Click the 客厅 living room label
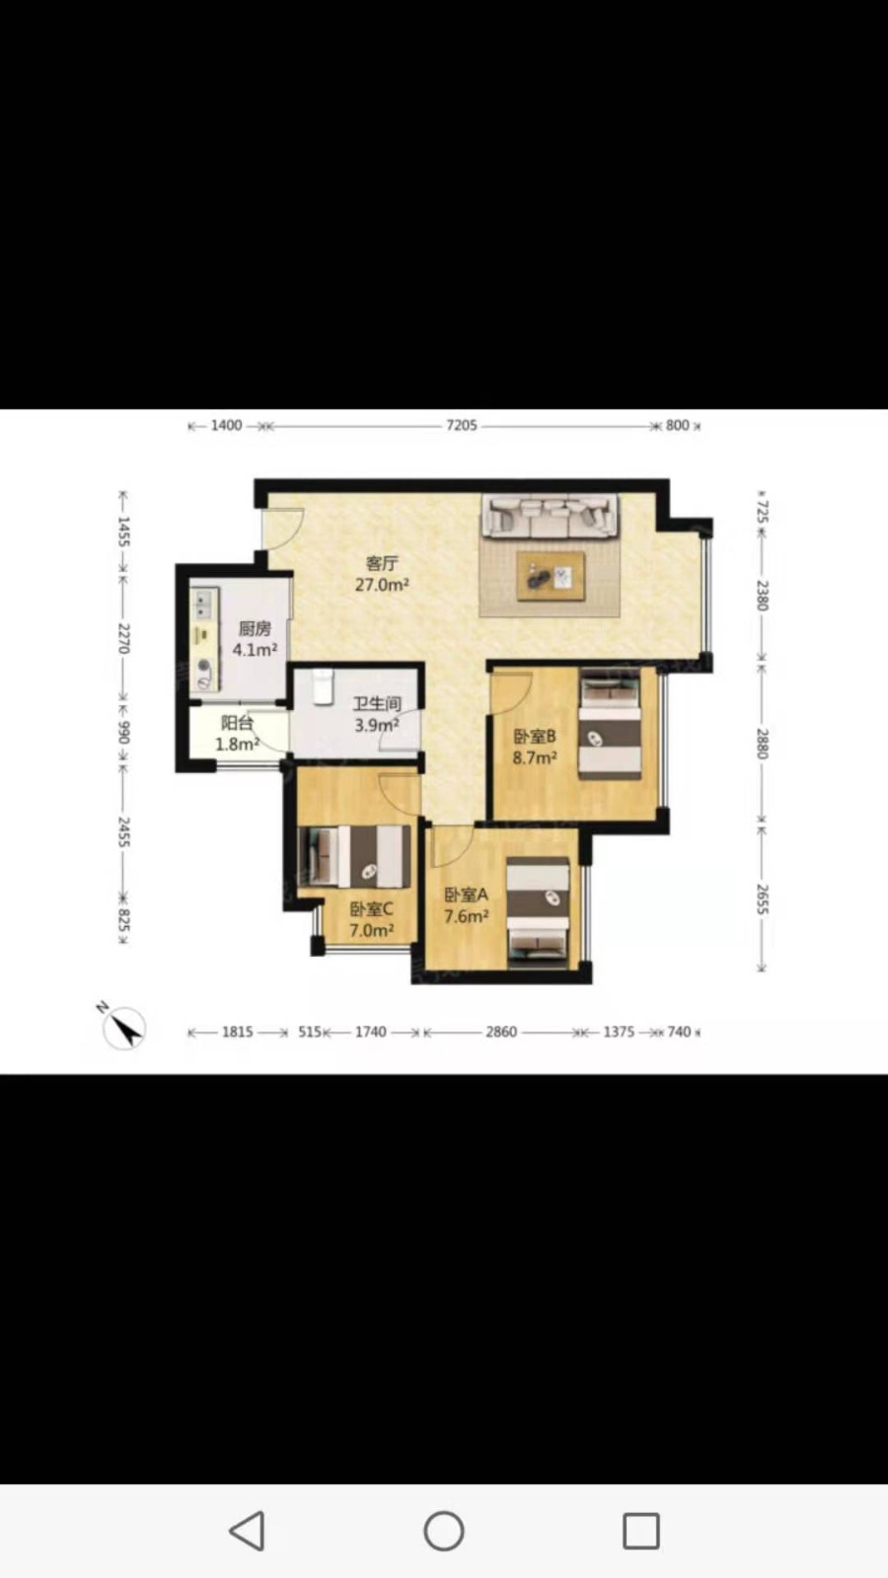[x=382, y=563]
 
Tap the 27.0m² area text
[x=382, y=584]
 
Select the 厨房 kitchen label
[x=255, y=628]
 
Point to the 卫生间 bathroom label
[x=377, y=704]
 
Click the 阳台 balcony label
[x=237, y=723]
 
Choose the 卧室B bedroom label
[x=534, y=737]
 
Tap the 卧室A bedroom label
[x=466, y=895]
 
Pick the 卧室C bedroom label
[x=371, y=909]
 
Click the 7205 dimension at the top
[x=462, y=425]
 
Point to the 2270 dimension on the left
[x=123, y=638]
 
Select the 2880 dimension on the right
[x=762, y=744]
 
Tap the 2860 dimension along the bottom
[x=501, y=1032]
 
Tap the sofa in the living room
[x=550, y=516]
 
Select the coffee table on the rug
[x=551, y=576]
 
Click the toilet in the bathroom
[x=323, y=685]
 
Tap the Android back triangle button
[x=248, y=1531]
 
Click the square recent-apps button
[x=641, y=1531]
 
